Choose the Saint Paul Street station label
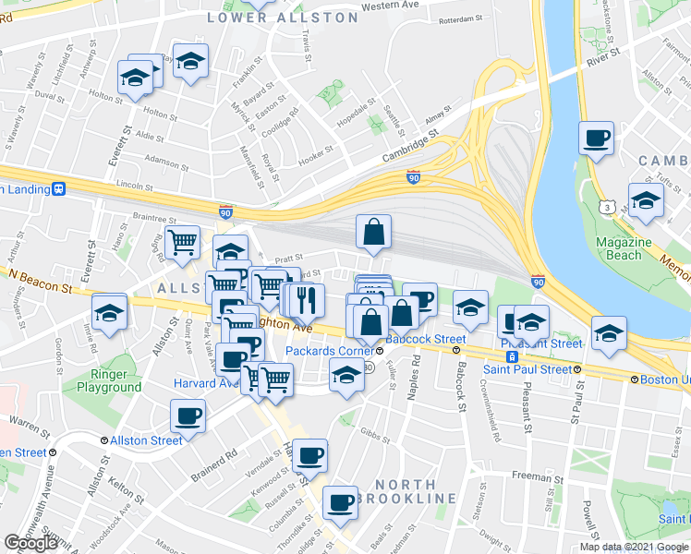[528, 369]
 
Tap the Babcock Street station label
[419, 339]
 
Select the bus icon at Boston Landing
[60, 188]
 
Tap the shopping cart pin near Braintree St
[183, 242]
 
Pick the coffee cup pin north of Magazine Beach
[596, 138]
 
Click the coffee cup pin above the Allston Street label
[188, 415]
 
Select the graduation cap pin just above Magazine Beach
[646, 199]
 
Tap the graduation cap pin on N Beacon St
[109, 310]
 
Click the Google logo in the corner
[30, 543]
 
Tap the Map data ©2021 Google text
[634, 547]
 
